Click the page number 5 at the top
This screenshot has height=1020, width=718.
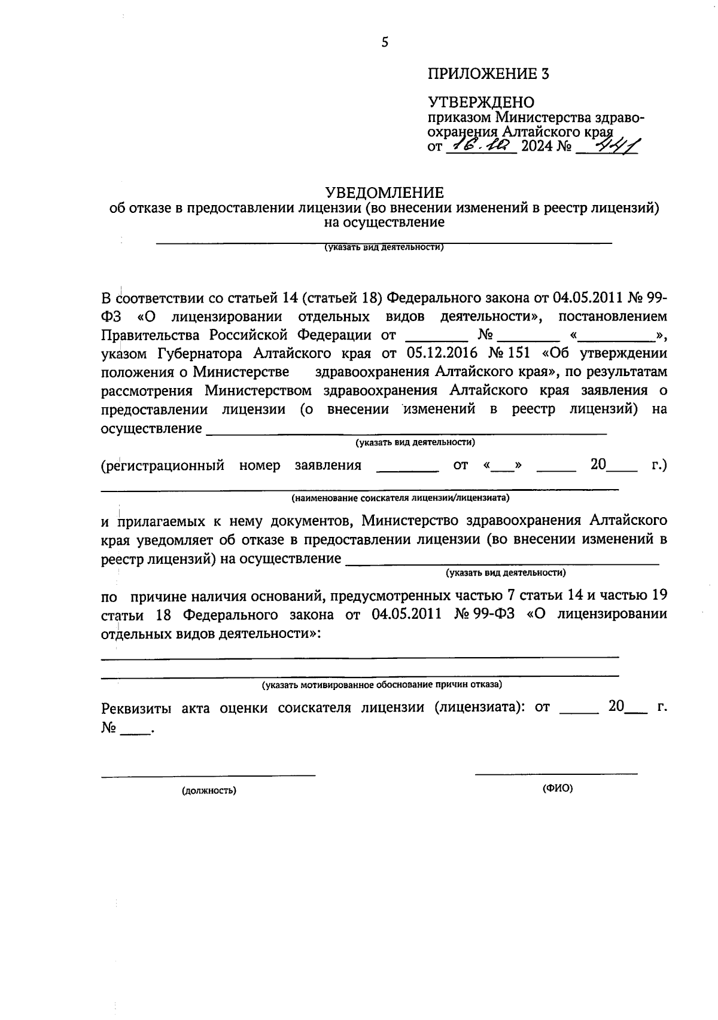(x=385, y=42)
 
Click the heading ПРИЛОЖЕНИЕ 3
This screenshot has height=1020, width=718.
(x=488, y=74)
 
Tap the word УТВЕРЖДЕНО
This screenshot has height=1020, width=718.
(x=481, y=103)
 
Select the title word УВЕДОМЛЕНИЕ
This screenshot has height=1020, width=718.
(x=384, y=193)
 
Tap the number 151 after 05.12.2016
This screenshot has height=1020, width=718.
(x=519, y=353)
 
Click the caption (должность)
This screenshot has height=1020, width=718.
(x=209, y=790)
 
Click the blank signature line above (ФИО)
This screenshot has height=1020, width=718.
(x=556, y=774)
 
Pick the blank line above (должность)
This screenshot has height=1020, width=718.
(x=208, y=775)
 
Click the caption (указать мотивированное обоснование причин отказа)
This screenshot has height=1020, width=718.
(x=382, y=684)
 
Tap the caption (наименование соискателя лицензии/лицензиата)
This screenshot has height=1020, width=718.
(x=400, y=497)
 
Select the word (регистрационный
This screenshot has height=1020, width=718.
(x=163, y=465)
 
